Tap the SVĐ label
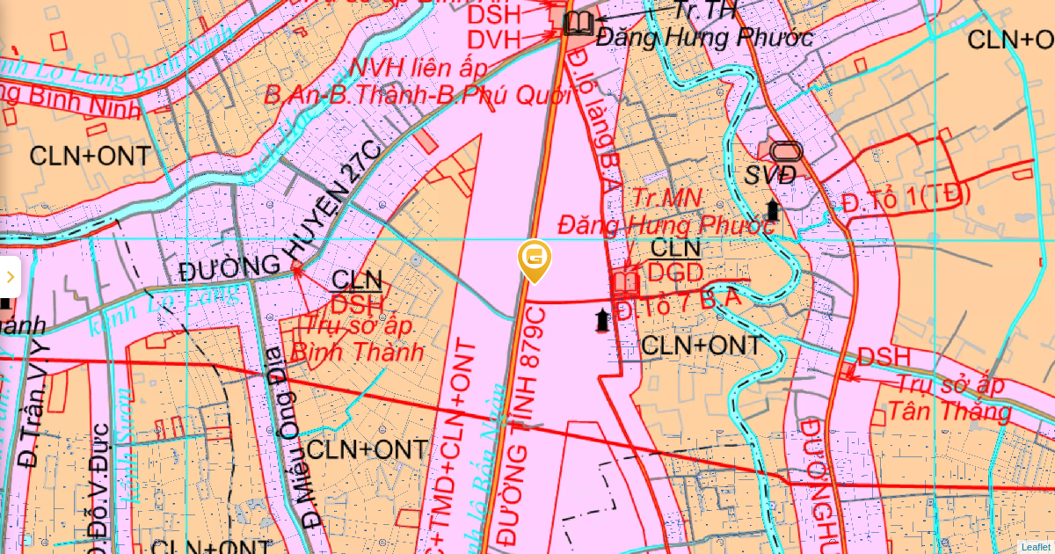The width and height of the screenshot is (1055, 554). tap(770, 175)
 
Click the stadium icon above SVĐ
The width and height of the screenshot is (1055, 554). tap(787, 151)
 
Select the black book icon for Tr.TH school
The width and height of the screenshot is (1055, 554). tap(578, 23)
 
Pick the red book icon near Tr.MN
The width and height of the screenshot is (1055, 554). tap(625, 282)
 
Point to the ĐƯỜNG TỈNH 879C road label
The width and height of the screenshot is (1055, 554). tap(528, 422)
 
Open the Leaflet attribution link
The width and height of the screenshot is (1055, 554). tap(1035, 546)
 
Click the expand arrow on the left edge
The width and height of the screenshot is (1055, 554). tap(10, 277)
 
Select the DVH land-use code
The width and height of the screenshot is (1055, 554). tap(494, 39)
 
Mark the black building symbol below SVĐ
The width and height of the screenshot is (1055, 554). tap(773, 210)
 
